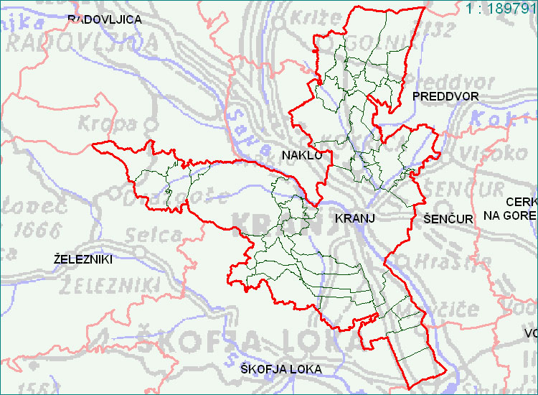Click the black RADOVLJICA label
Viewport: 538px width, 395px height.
tap(104, 19)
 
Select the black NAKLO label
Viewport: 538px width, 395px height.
tap(302, 154)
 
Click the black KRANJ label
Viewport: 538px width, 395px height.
tap(357, 217)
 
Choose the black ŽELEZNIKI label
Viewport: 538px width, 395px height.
tap(83, 259)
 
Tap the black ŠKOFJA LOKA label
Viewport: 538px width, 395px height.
tap(281, 369)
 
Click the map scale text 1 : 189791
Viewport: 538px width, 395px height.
tap(501, 9)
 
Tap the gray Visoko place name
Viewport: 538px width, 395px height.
tap(501, 152)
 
